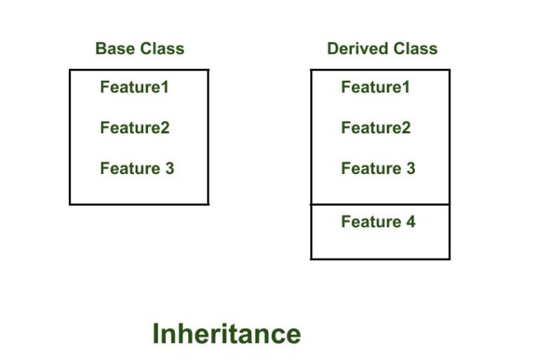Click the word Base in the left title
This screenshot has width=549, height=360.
coord(115,49)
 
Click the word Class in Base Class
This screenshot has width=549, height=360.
coord(162,49)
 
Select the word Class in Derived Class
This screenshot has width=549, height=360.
coord(416,49)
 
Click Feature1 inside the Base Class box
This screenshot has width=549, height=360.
coord(134,87)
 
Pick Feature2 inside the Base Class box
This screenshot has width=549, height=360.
coord(135,128)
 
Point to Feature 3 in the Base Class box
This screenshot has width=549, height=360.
coord(137,168)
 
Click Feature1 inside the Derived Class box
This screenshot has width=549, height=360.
coord(376,87)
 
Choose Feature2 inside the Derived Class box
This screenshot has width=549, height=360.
coord(376,128)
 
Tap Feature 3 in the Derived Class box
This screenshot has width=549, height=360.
coord(378,168)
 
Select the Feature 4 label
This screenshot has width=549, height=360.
coord(378,221)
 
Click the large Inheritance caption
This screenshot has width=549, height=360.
coord(227,334)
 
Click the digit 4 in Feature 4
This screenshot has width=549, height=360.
coord(410,221)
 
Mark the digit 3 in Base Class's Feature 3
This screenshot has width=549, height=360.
coord(170,168)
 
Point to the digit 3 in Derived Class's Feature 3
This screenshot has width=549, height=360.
coord(410,168)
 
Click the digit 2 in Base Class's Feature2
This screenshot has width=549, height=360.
coord(165,128)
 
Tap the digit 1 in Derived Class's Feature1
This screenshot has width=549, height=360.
coord(406,87)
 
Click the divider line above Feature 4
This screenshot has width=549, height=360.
coord(380,204)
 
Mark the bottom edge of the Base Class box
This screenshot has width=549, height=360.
coord(139,204)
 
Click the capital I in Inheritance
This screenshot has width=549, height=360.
coord(156,334)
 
